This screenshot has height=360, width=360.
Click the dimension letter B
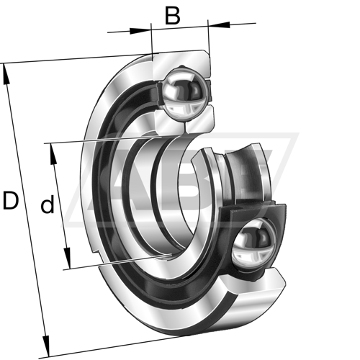coord(173,16)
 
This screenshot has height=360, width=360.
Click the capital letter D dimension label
coord(11,200)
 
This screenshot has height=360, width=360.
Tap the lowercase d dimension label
coord(48,204)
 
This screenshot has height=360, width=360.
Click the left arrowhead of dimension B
coord(140,31)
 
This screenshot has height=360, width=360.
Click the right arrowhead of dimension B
coord(219,24)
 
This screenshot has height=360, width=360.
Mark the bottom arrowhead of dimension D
coord(46,346)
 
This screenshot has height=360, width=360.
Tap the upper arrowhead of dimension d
coord(53,154)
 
